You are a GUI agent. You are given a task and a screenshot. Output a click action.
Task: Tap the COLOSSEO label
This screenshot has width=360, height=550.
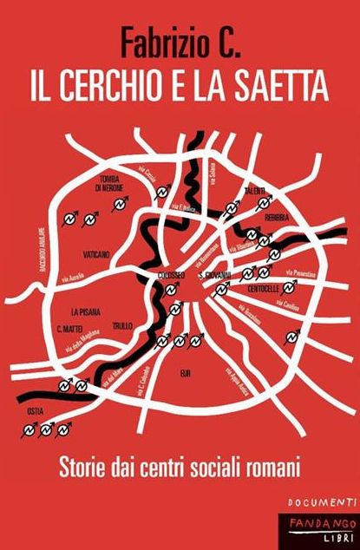point(172,275)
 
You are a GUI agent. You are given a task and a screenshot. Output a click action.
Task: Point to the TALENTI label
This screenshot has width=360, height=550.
point(255,190)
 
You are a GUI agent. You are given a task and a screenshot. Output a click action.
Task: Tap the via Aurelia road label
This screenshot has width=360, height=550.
point(73,278)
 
